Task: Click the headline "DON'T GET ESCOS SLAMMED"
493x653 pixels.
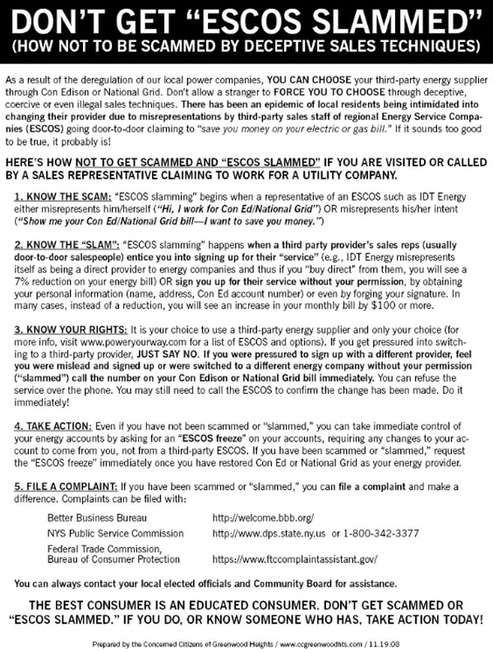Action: (246, 19)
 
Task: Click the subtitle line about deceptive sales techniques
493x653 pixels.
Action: (246, 44)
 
